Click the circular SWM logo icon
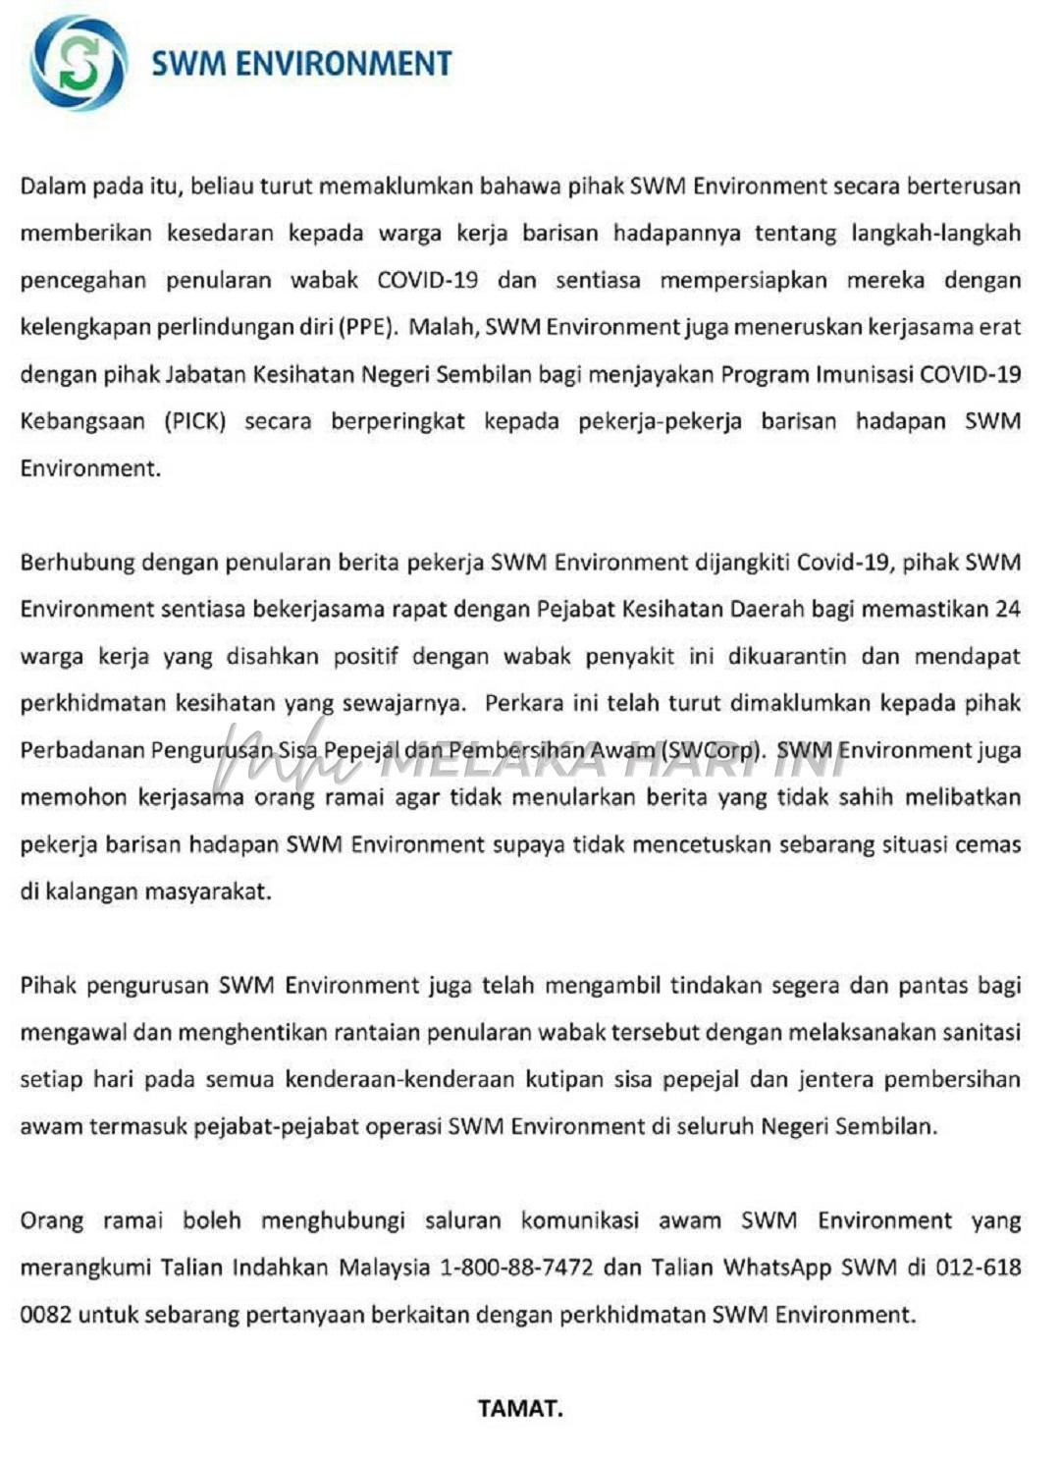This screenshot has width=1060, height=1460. (x=79, y=63)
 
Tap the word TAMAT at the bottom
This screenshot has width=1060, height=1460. (x=520, y=1408)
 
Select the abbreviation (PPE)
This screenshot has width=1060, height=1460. (x=368, y=327)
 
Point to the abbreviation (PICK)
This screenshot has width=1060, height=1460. (x=194, y=421)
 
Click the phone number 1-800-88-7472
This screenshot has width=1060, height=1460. (x=516, y=1267)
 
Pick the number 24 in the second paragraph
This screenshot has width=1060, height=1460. (x=1007, y=609)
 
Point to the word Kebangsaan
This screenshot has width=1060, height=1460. (x=81, y=421)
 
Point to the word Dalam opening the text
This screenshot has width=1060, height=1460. (x=53, y=187)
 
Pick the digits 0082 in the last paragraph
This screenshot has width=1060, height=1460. (x=45, y=1314)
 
